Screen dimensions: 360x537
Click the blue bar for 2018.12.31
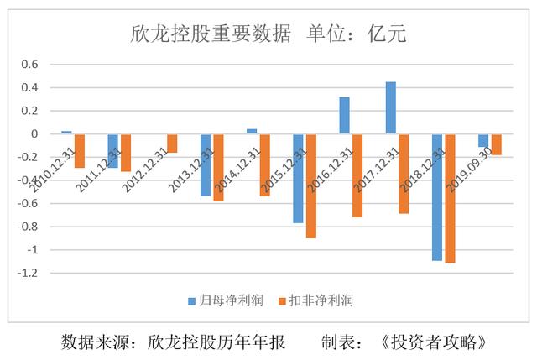(x=436, y=197)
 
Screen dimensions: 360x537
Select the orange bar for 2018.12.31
(x=450, y=198)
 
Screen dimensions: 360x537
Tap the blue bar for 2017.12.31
(x=390, y=107)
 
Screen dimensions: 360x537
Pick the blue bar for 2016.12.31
(x=344, y=116)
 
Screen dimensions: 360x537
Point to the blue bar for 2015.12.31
(x=298, y=178)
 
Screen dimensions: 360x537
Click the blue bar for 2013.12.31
(x=205, y=164)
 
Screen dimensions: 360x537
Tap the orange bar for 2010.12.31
(x=80, y=151)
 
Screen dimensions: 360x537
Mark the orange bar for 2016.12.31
(x=357, y=175)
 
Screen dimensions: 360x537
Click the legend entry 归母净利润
(x=216, y=300)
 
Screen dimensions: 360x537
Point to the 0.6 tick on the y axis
(x=30, y=65)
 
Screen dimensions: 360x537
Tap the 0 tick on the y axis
(x=35, y=134)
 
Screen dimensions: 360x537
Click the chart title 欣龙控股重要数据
(x=211, y=34)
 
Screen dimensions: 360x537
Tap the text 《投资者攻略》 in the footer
(x=432, y=342)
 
